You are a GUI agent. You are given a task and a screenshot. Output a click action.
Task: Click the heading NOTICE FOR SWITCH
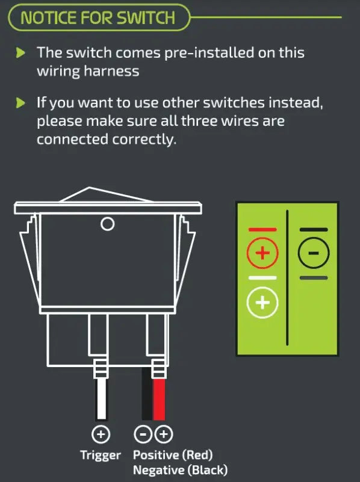pos(98,17)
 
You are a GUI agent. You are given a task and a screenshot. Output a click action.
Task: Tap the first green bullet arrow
pos(20,53)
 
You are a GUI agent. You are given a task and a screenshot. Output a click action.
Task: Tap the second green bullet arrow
pos(20,103)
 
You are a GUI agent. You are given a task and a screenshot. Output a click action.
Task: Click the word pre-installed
pos(209,53)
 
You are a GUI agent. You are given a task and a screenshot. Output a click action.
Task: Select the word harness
pos(111,72)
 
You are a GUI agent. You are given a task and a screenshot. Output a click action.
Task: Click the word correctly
pos(144,140)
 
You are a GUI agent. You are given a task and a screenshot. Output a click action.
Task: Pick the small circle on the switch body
pos(108,224)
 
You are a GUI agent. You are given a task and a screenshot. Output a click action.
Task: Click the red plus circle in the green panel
pos(263,253)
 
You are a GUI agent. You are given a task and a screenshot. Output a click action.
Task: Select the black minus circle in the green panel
pos(314,253)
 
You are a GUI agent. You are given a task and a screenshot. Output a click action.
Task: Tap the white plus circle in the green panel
pos(262,303)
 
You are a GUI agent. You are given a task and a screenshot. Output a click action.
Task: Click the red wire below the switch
pos(159,400)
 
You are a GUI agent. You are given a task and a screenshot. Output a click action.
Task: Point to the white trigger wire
pos(102,399)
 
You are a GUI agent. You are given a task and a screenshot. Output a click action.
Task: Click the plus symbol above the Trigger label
pos(101,434)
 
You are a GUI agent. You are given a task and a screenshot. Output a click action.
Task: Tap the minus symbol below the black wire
pos(143,434)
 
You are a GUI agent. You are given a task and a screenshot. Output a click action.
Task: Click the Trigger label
pos(101,456)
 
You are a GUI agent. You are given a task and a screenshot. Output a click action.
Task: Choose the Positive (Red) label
pos(173,455)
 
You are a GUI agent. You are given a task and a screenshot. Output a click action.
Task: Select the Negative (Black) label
pos(181,471)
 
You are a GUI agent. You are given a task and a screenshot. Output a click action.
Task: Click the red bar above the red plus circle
pos(262,230)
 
